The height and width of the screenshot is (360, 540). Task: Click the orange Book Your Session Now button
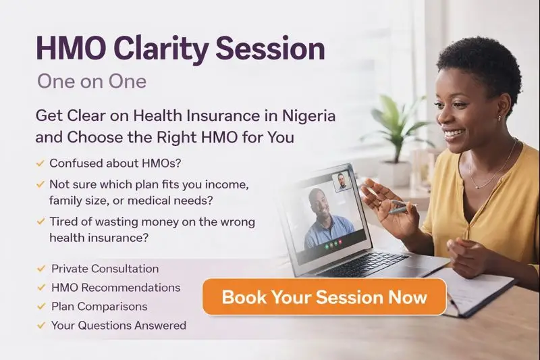coord(324,297)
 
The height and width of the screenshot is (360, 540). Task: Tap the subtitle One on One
coord(91,81)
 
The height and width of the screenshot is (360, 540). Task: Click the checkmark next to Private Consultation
coord(41,269)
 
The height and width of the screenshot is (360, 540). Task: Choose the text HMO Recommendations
coord(115,287)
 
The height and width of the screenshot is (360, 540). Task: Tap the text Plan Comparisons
coord(99,306)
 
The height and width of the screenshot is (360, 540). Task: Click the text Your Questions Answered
coord(118,325)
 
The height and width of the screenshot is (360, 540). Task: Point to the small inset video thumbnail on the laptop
coord(342,182)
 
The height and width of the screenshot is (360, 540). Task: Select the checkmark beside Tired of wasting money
coord(41,221)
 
